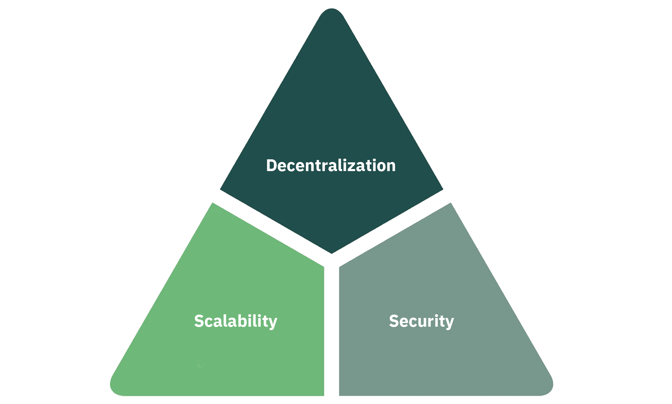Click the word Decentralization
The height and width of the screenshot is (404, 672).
point(331,166)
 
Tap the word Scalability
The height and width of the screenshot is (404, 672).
point(236,321)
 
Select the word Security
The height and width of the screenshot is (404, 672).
point(421,321)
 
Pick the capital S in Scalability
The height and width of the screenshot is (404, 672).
point(199,321)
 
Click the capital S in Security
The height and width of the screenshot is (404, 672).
point(394,321)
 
